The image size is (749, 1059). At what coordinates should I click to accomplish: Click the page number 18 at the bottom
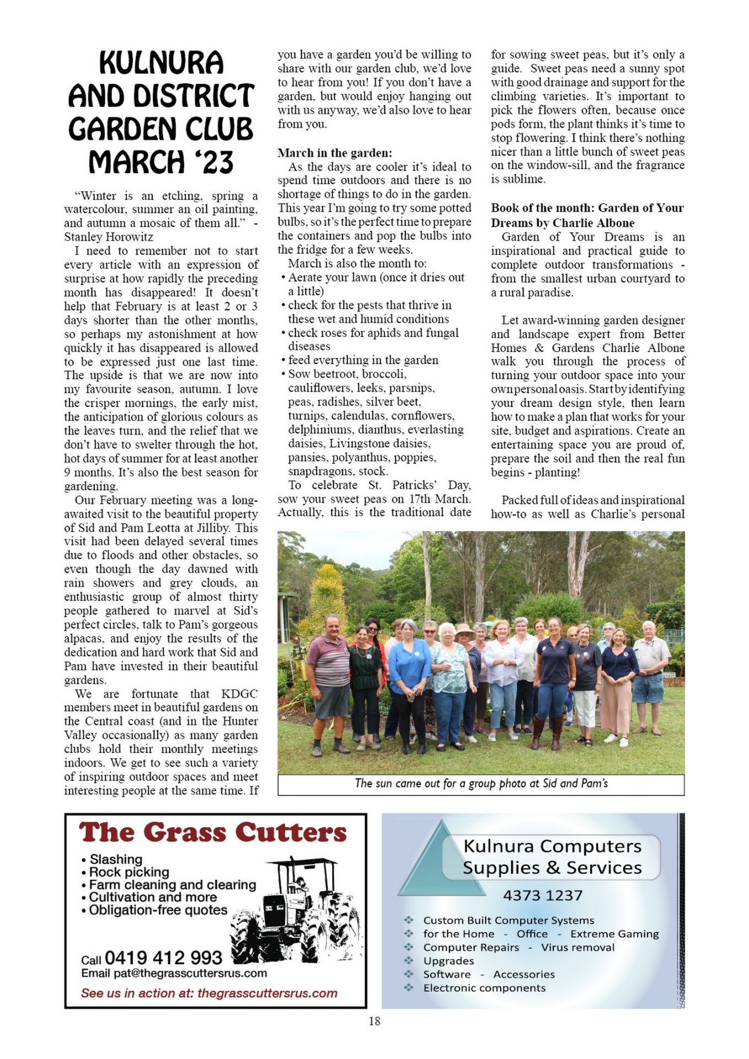374,1021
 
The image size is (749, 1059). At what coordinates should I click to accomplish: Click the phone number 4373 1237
542,895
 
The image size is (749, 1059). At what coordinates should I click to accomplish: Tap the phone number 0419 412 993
163,958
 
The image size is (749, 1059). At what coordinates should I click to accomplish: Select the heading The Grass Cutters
213,833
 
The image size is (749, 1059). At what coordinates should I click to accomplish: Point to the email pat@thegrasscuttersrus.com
174,974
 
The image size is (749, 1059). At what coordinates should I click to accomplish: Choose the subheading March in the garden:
335,153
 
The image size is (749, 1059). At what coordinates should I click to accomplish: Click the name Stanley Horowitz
109,237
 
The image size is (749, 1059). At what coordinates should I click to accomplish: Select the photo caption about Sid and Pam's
481,784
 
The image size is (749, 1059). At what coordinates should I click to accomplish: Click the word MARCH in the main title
136,162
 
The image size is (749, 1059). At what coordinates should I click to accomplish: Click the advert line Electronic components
484,988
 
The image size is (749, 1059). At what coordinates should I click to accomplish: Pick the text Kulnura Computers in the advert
552,846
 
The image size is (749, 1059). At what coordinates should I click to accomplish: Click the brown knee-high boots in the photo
546,732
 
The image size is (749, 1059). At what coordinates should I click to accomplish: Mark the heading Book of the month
587,215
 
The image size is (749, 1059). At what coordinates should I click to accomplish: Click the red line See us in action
209,993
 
